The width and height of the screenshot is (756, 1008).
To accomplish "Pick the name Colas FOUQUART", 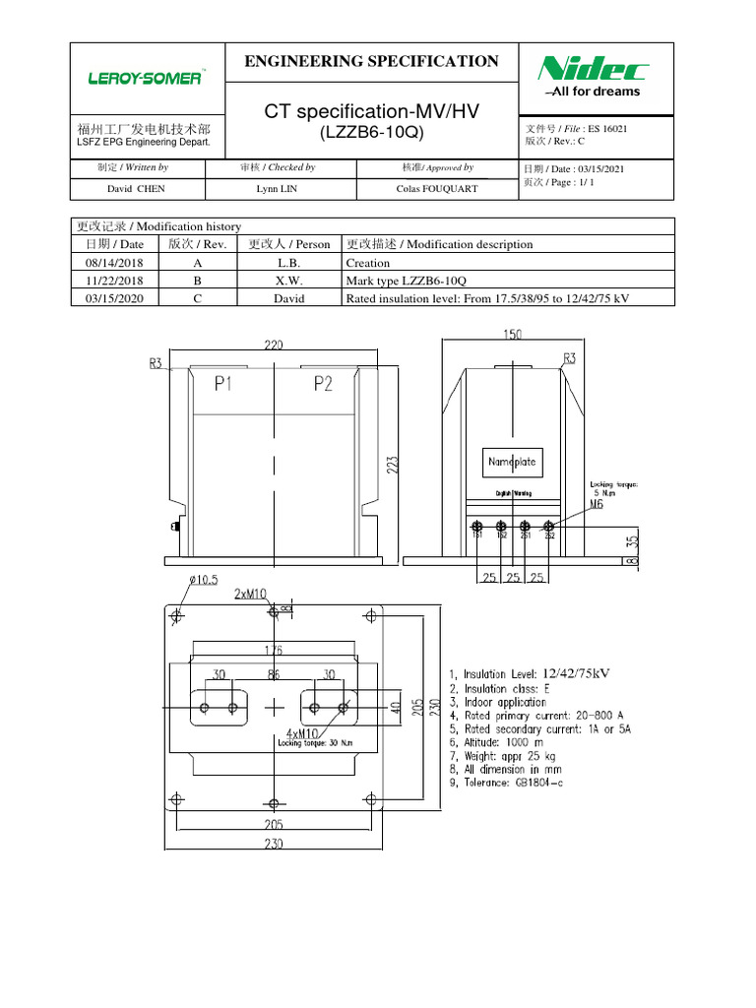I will pos(437,188).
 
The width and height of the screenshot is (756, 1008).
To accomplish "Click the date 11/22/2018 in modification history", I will pos(114,281).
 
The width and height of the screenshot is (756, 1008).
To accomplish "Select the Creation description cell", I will pos(367,263).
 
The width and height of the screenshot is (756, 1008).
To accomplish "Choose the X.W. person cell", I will pos(288,281).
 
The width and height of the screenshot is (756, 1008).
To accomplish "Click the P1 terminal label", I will pos(223,385).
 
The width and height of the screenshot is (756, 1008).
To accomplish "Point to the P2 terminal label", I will pos(323,385).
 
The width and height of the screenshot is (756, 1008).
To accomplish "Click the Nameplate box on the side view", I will pos(512,461).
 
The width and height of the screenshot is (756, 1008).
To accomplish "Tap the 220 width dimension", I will pos(273,346).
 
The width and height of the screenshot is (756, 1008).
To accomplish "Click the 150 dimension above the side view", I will pos(513,336).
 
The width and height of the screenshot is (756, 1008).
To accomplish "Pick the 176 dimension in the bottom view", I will pos(273,650).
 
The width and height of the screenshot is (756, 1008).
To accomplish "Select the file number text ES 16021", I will pos(607,129).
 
